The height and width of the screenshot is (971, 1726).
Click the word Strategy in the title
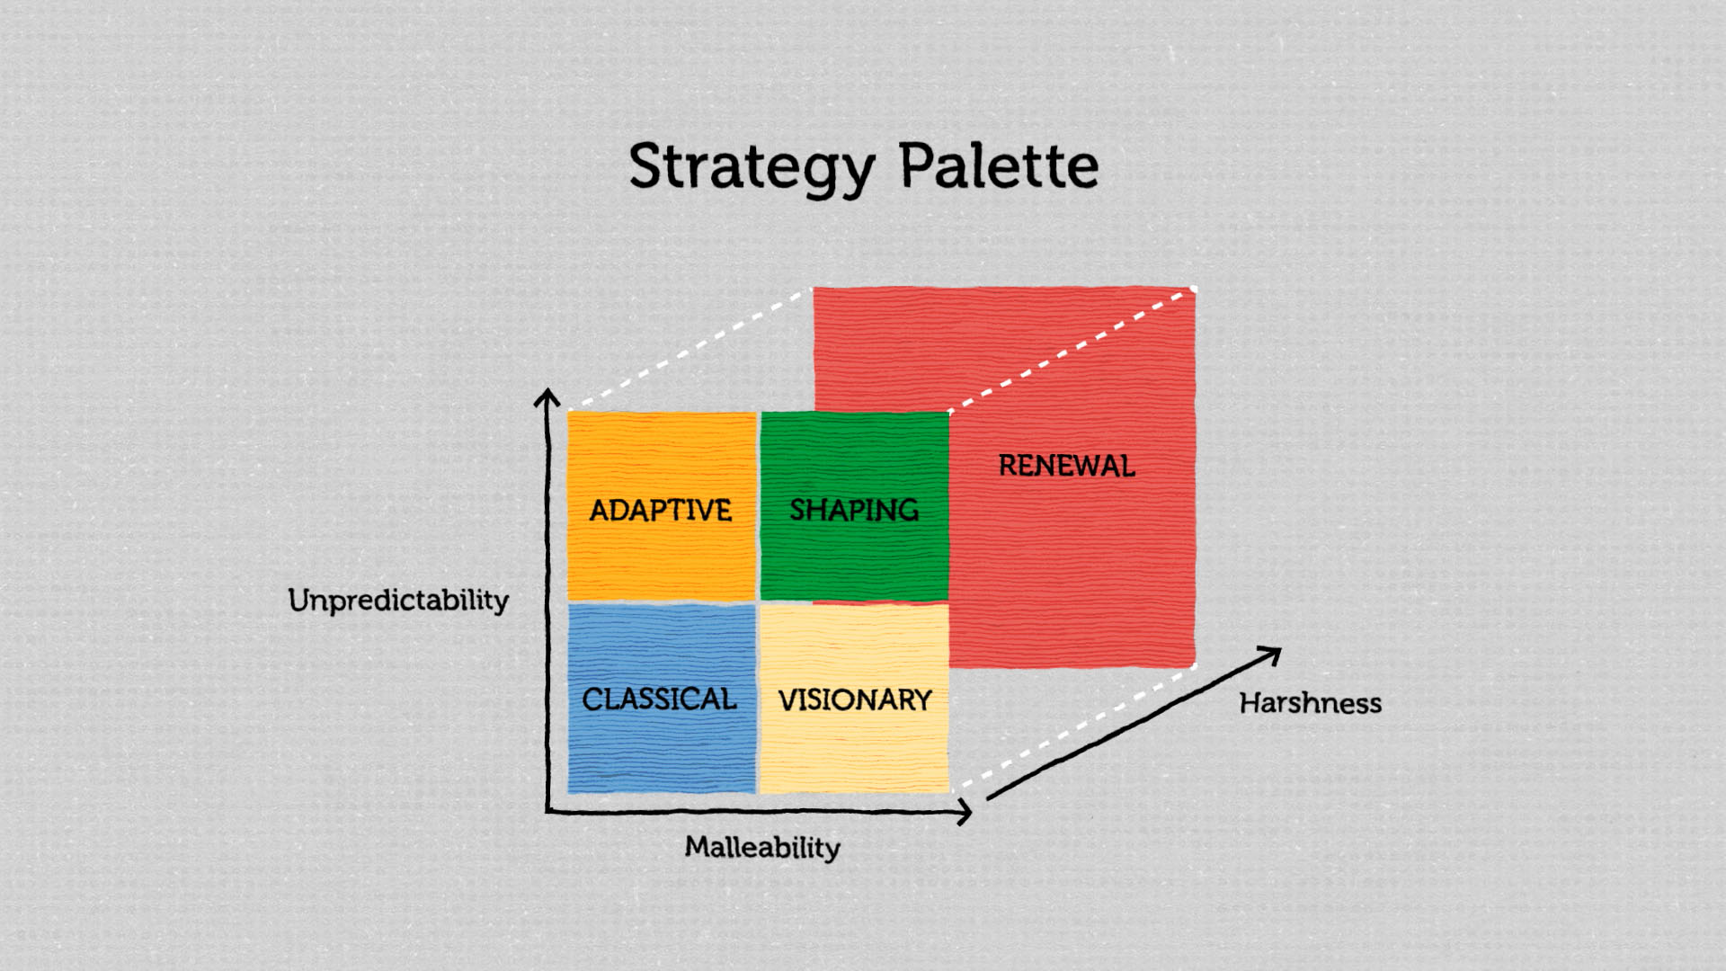[752, 167]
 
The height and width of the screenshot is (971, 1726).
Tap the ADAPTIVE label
[661, 510]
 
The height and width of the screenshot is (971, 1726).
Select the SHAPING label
[854, 510]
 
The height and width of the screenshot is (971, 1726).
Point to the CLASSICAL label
[659, 699]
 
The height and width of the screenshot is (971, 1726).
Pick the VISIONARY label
[855, 699]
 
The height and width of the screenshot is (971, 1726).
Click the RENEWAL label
[1067, 466]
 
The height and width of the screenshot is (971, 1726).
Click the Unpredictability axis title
[398, 600]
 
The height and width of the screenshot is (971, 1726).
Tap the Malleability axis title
[762, 847]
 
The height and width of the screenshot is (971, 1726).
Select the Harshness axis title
[1311, 702]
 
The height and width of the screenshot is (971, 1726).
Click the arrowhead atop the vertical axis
[547, 396]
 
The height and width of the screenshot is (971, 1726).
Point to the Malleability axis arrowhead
[964, 813]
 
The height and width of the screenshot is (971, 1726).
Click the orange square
[663, 506]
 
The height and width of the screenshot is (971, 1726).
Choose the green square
[855, 506]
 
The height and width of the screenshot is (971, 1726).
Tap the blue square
[662, 699]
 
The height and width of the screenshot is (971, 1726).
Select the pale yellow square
[855, 699]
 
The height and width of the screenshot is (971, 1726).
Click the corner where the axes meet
[547, 812]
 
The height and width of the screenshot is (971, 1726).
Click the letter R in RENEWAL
[1008, 466]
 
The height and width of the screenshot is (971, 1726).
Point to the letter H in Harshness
[1250, 702]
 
